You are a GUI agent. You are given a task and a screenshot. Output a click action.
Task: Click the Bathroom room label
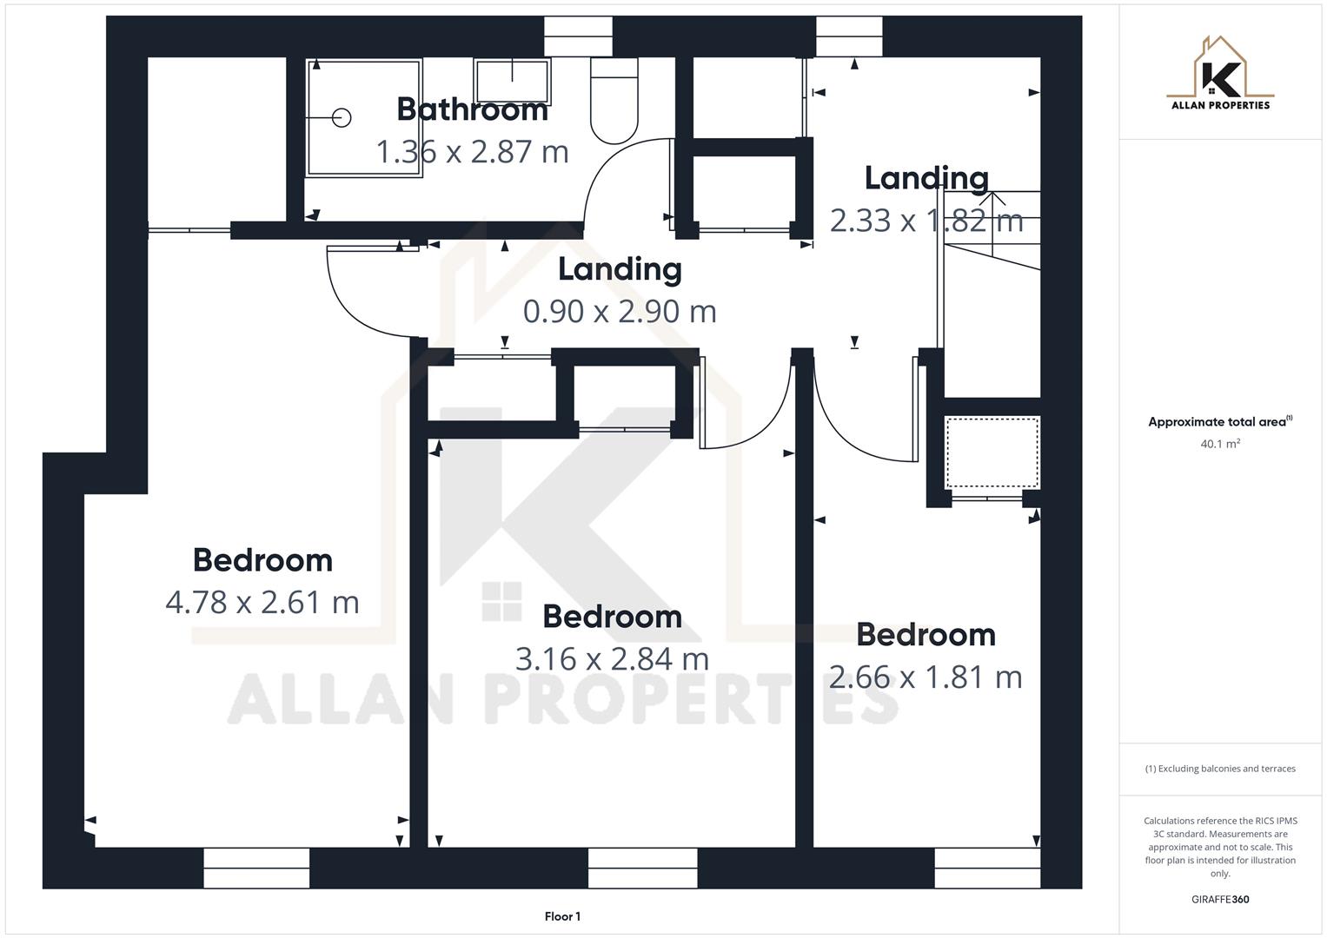[472, 109]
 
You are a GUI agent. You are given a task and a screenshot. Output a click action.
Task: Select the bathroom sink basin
[512, 81]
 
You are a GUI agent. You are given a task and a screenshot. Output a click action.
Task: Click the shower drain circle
[342, 117]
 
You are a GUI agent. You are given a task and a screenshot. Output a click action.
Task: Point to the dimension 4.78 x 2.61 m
[262, 602]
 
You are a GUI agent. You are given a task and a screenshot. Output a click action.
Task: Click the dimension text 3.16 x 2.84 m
[612, 658]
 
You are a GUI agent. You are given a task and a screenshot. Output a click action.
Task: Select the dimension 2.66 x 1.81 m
[926, 677]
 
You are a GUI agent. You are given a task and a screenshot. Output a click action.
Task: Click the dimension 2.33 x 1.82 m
[926, 221]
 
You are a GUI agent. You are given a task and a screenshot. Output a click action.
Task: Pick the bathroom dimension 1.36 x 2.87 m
[472, 152]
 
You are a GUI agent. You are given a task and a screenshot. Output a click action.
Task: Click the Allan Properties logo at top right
[1220, 74]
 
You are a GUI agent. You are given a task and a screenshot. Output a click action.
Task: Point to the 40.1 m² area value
[1220, 444]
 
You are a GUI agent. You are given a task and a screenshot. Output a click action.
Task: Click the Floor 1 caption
[562, 916]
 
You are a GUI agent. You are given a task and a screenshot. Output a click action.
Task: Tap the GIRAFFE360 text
[1220, 899]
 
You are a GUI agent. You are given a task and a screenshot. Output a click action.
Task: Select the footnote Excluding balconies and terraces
[1220, 769]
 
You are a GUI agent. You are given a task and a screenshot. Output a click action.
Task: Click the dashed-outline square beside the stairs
[992, 452]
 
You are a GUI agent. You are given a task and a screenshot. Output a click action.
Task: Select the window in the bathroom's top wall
[578, 36]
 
